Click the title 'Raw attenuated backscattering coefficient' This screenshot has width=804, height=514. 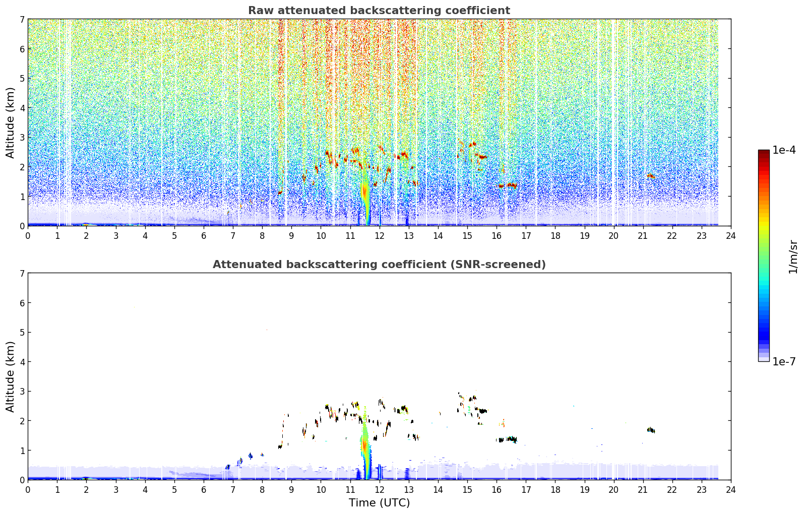(379, 11)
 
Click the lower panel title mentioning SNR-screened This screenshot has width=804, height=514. (379, 264)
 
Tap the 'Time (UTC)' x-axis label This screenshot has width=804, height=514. (379, 502)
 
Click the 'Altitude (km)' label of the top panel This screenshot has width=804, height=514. (10, 123)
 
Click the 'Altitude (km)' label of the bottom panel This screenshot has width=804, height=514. (10, 376)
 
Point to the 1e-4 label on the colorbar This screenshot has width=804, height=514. (784, 150)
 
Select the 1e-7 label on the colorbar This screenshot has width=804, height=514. (784, 361)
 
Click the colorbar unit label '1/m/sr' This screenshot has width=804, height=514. (793, 258)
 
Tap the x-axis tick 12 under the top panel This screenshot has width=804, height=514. (380, 236)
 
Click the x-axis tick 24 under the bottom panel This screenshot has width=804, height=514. (731, 490)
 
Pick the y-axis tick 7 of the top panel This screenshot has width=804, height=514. (22, 19)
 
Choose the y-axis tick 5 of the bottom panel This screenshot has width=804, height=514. (22, 333)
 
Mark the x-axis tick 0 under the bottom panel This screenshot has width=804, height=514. (28, 490)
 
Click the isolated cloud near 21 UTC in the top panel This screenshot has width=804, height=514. (651, 176)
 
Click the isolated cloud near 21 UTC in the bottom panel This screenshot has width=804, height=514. (651, 430)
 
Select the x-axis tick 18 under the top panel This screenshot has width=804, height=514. (555, 236)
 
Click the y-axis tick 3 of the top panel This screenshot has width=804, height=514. (22, 138)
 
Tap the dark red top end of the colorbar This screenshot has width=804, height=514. (764, 152)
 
